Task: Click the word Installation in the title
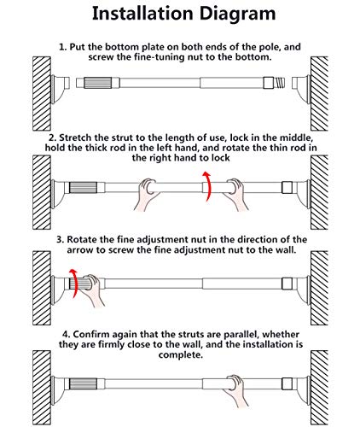(142, 14)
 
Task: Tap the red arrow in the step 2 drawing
(209, 186)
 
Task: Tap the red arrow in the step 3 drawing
(75, 283)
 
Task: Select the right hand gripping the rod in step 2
(235, 194)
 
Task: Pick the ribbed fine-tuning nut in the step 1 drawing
(97, 83)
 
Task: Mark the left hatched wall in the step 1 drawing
(42, 93)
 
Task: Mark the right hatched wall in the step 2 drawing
(319, 192)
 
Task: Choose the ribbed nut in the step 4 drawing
(84, 384)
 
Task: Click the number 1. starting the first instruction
(62, 47)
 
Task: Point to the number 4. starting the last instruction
(66, 335)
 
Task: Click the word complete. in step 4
(181, 355)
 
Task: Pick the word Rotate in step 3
(80, 239)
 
